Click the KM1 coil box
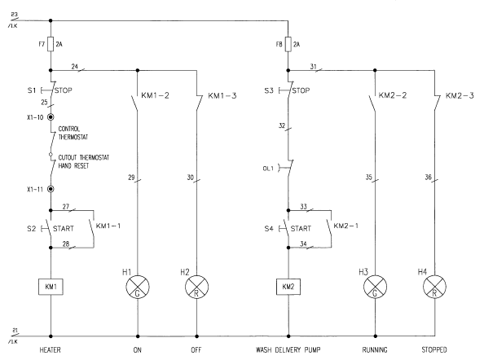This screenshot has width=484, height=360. (x=51, y=287)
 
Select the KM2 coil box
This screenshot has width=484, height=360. (x=288, y=287)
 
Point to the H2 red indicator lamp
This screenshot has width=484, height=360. (x=196, y=287)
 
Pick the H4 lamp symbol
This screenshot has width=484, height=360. (x=434, y=287)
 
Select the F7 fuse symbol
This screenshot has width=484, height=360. (x=51, y=45)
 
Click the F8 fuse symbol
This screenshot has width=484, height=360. (x=288, y=45)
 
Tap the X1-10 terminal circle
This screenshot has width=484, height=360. (x=51, y=117)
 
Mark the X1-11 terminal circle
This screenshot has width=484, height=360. (x=51, y=189)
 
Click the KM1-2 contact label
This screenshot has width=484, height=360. (x=156, y=95)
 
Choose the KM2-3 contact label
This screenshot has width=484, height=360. (x=460, y=95)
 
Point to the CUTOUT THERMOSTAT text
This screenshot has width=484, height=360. (x=84, y=158)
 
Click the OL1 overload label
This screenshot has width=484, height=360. (x=268, y=169)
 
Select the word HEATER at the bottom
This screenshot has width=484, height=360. (x=50, y=350)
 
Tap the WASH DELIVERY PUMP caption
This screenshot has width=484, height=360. (x=288, y=350)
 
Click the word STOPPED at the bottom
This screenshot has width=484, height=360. (x=434, y=350)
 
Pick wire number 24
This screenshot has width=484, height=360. (x=75, y=66)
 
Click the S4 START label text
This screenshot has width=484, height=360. (x=301, y=229)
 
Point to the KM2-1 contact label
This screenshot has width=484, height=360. (x=346, y=226)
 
